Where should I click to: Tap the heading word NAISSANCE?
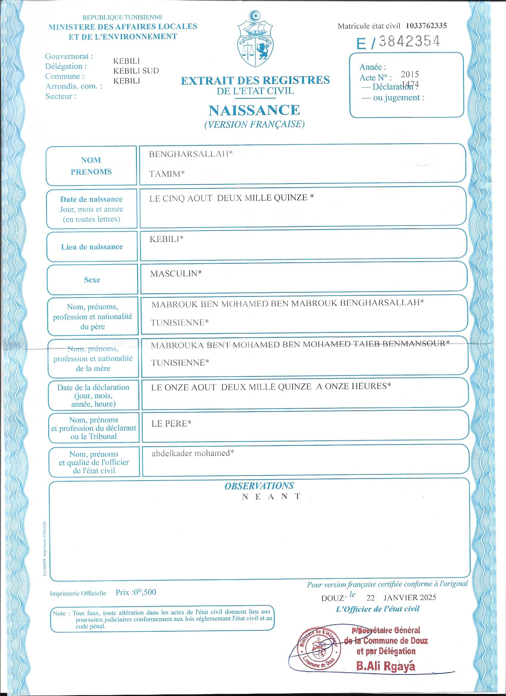[x=254, y=110]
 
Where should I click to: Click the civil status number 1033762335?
[x=426, y=26]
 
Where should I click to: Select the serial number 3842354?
[x=409, y=42]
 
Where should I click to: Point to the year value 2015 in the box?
[x=410, y=74]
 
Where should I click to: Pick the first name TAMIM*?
[x=167, y=174]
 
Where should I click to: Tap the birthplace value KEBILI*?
[x=166, y=239]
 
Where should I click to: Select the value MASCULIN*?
[x=176, y=274]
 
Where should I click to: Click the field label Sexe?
[x=92, y=280]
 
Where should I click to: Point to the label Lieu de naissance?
[x=92, y=247]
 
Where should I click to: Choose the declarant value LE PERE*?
[x=171, y=424]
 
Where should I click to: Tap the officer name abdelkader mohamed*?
[x=193, y=453]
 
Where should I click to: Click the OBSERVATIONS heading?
[x=259, y=486]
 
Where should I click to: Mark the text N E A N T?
[x=271, y=497]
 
